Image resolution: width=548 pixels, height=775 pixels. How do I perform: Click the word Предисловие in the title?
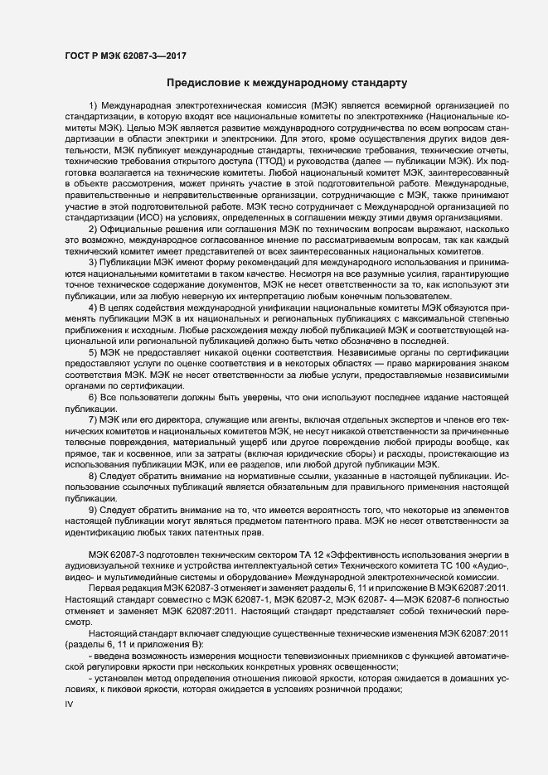[x=201, y=83]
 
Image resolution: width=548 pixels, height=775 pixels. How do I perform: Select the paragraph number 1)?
[x=92, y=108]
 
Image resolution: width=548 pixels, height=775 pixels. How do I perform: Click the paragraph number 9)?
[x=92, y=508]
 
